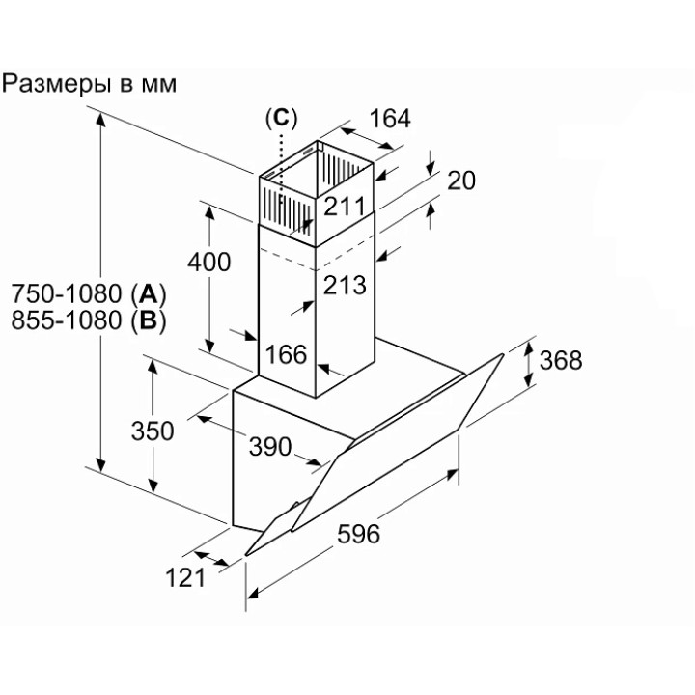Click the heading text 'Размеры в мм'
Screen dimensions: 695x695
[x=90, y=84]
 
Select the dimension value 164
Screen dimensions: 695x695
[x=390, y=119]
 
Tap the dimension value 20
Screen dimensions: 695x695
[x=462, y=181]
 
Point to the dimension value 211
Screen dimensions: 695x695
[x=344, y=205]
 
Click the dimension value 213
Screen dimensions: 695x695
[x=346, y=285]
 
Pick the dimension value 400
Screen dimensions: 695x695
[x=209, y=261]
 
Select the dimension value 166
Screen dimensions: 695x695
[x=286, y=354]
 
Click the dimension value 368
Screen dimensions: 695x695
[x=561, y=360]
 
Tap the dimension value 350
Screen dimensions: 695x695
[x=153, y=431]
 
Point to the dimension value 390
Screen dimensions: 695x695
[x=269, y=446]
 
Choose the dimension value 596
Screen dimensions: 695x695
[x=358, y=533]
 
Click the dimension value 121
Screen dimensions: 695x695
[x=185, y=577]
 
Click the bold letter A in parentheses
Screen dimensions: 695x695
[x=148, y=293]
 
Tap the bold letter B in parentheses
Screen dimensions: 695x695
[x=148, y=320]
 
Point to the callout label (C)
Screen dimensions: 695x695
[x=281, y=118]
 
